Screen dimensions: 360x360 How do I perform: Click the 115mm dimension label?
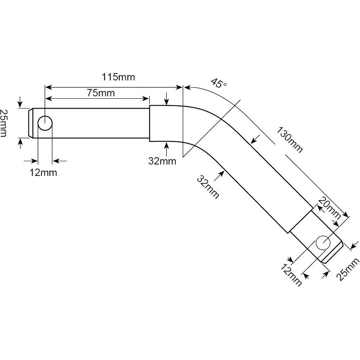[119, 77]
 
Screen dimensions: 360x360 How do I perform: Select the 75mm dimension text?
[101, 93]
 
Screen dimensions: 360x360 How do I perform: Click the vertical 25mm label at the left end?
[4, 123]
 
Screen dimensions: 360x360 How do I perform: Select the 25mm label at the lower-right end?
[348, 269]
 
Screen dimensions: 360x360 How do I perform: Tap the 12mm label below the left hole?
[43, 172]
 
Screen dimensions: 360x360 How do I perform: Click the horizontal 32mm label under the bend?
[162, 161]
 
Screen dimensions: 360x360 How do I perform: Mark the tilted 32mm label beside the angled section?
[208, 187]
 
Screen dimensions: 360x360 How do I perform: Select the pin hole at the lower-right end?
[323, 242]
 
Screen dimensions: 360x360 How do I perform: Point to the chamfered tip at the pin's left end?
[31, 123]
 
